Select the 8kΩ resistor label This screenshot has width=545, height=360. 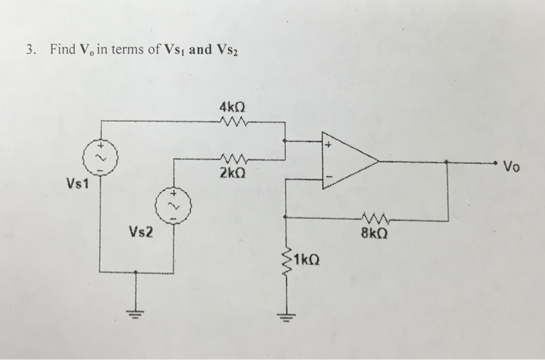point(374,231)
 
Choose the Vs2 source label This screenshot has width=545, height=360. point(141,231)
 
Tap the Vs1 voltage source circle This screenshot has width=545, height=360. point(100,156)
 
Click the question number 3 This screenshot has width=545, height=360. point(29,51)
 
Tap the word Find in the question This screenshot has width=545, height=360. point(62,51)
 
